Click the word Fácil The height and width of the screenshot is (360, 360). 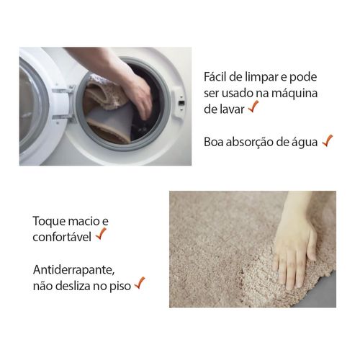(215, 77)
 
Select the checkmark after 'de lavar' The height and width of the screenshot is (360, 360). (253, 107)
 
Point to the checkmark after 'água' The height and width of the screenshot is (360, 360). (328, 140)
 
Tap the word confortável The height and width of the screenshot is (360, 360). (62, 238)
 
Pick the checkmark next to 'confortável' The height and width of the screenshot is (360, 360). (101, 234)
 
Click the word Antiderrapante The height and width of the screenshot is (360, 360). (73, 270)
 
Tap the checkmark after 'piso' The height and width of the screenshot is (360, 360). (140, 283)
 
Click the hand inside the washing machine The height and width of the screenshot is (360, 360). (138, 96)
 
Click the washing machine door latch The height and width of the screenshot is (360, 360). (179, 103)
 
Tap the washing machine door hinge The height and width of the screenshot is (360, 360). (63, 104)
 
